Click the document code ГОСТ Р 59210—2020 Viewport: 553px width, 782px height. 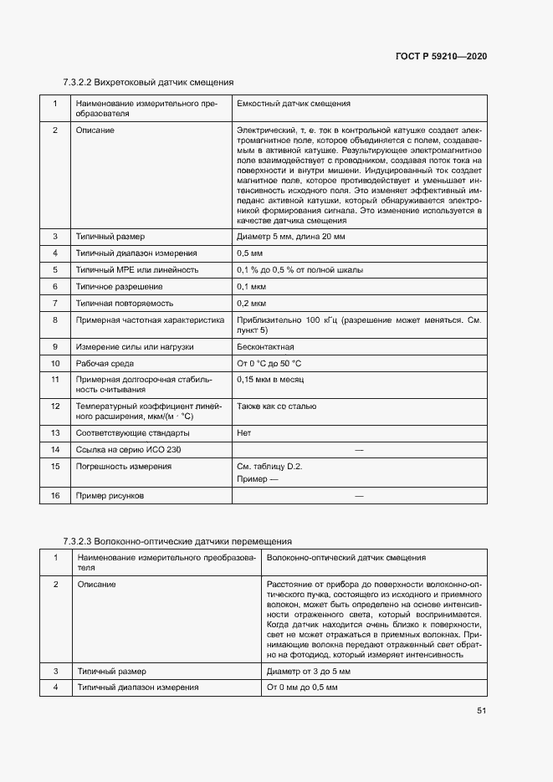(x=441, y=56)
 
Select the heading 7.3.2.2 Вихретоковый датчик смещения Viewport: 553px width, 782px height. (x=148, y=83)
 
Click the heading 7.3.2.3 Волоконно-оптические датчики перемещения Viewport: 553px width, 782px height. (x=177, y=541)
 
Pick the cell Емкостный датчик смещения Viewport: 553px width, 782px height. (x=294, y=104)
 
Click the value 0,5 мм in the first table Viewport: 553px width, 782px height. (x=249, y=253)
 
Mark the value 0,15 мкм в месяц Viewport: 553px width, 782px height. (x=269, y=380)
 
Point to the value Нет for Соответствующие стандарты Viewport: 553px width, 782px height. (x=244, y=433)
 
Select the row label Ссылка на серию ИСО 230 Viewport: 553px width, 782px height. (x=128, y=450)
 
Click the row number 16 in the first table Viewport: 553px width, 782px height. (x=55, y=496)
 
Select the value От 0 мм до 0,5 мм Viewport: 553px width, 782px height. (x=302, y=687)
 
